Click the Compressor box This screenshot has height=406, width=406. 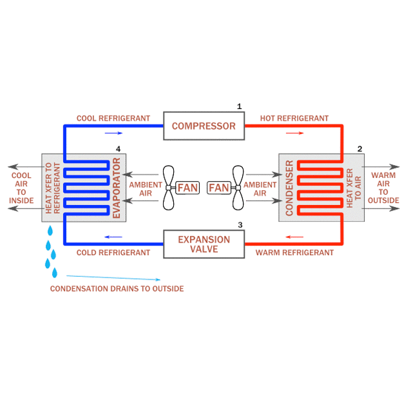point(204,126)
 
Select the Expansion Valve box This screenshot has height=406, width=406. point(204,244)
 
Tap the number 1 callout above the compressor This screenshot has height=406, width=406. point(239,106)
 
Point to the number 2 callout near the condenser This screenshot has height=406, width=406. point(360,148)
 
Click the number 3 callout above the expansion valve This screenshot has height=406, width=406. point(240,225)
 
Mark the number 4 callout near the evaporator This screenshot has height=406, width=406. point(118,148)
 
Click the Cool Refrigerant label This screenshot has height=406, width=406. point(113,118)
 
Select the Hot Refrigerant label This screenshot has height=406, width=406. point(294,118)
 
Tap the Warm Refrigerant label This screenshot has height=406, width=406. point(294,252)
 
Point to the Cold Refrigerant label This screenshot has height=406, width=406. point(113,252)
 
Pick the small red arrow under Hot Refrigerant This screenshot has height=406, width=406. point(294,133)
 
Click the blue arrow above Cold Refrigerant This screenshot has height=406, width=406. point(113,238)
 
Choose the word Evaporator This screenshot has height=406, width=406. point(116,187)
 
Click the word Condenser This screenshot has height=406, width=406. point(290,187)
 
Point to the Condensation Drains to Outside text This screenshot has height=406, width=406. point(117,289)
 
